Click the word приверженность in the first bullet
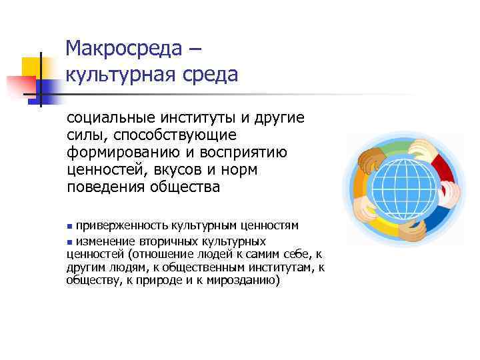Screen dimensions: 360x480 [x=121, y=225]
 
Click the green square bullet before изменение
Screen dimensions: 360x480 [x=70, y=241]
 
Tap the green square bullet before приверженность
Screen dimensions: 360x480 [x=70, y=226]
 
